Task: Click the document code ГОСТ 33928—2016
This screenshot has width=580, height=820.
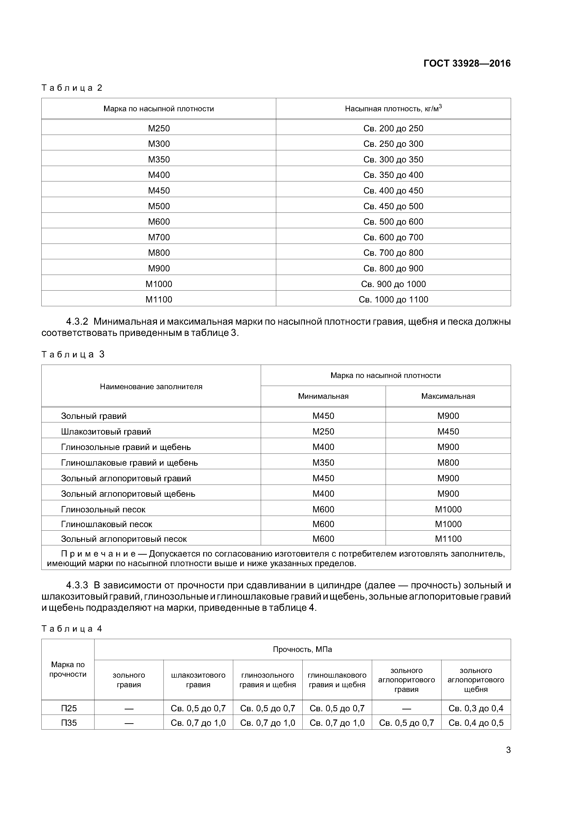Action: [x=467, y=64]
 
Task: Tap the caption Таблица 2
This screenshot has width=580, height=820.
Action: [x=72, y=88]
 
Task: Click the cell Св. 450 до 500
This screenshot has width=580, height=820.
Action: [x=393, y=206]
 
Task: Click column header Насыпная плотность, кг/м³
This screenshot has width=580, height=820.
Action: [x=393, y=108]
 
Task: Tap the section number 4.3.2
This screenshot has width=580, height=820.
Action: [x=77, y=322]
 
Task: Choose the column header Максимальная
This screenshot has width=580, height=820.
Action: [x=448, y=396]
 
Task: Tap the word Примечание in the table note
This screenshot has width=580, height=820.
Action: [x=98, y=554]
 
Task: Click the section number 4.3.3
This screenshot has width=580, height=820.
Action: [x=77, y=585]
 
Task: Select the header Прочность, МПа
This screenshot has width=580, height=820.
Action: [x=302, y=649]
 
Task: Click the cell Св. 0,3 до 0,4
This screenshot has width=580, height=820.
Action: [x=476, y=708]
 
